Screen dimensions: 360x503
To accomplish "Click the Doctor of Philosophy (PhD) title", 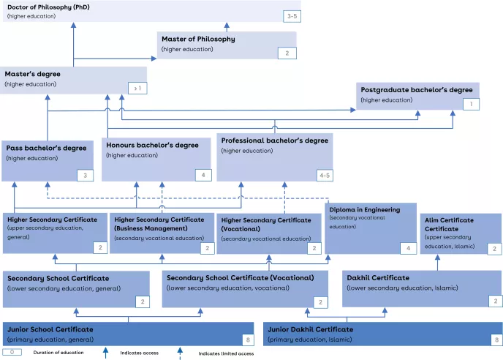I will point(48,7).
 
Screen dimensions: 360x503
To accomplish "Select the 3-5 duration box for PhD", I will point(292,15).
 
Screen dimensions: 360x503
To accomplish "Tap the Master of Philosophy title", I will point(198,39).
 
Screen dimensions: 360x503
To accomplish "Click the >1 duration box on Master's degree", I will point(137,88).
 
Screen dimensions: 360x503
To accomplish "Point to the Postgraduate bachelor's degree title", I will point(417,89).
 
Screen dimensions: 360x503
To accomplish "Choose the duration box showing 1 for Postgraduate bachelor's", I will point(472,105).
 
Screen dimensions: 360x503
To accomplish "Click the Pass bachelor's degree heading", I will point(46,147).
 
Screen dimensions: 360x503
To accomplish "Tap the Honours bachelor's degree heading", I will point(152,145).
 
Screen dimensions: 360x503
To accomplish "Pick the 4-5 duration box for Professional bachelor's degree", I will point(324,175).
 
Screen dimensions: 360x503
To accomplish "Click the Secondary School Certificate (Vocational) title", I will point(240,278).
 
